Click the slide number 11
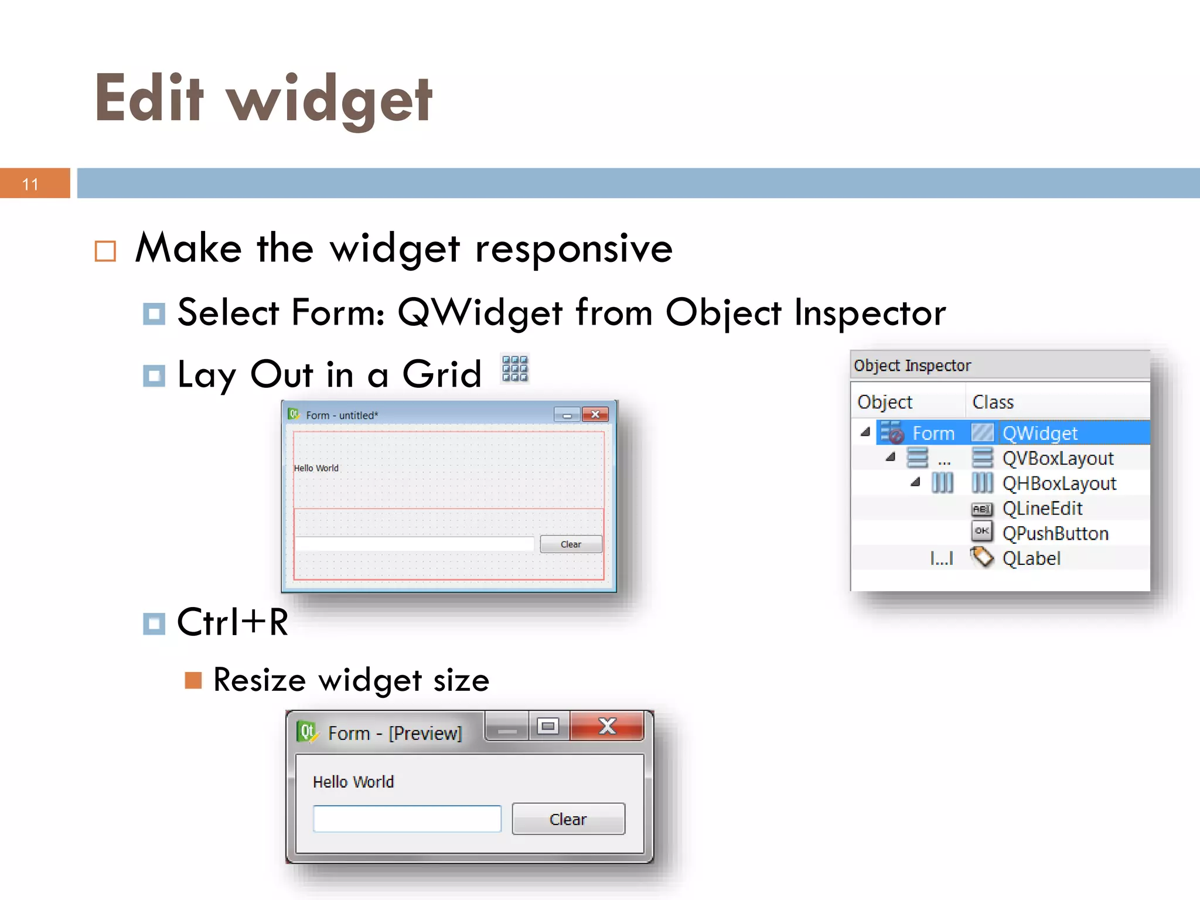click(30, 184)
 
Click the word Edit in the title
click(149, 98)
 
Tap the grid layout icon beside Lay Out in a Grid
click(515, 369)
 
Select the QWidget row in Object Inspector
click(1039, 433)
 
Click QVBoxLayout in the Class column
click(1058, 458)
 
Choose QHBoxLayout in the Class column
click(1059, 483)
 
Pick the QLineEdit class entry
click(1042, 509)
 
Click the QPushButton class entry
click(1055, 533)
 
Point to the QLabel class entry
click(1031, 558)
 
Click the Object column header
click(885, 402)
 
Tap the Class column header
click(993, 402)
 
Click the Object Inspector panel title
click(912, 366)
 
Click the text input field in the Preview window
click(407, 819)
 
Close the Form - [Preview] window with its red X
click(607, 727)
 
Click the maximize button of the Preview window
click(548, 727)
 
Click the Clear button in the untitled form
click(571, 544)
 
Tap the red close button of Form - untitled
click(595, 414)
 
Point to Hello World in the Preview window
click(353, 782)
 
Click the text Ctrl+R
click(233, 622)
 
